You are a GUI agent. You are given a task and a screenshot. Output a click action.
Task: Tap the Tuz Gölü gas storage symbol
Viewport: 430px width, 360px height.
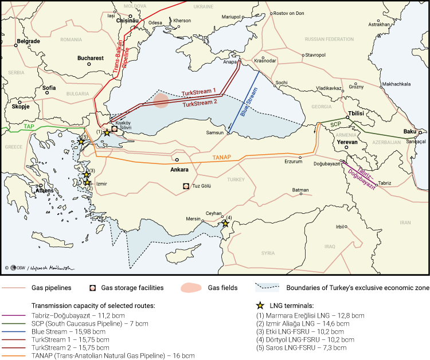pyautogui.click(x=186, y=186)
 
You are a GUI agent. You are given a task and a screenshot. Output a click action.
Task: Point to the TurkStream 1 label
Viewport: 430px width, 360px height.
pyautogui.click(x=198, y=92)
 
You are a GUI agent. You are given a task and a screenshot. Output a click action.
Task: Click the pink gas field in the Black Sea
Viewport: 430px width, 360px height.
pyautogui.click(x=161, y=100)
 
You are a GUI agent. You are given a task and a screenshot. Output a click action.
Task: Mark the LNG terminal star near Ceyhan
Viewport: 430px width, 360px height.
pyautogui.click(x=225, y=224)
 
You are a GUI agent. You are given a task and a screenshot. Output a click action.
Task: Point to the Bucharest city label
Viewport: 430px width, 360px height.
pyautogui.click(x=91, y=58)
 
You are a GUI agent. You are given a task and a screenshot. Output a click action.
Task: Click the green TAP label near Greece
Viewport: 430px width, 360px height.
pyautogui.click(x=29, y=126)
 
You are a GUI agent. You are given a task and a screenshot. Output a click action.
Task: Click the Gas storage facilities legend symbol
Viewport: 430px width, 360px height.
pyautogui.click(x=92, y=288)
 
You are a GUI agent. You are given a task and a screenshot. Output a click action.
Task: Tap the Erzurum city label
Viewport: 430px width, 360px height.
pyautogui.click(x=293, y=162)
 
